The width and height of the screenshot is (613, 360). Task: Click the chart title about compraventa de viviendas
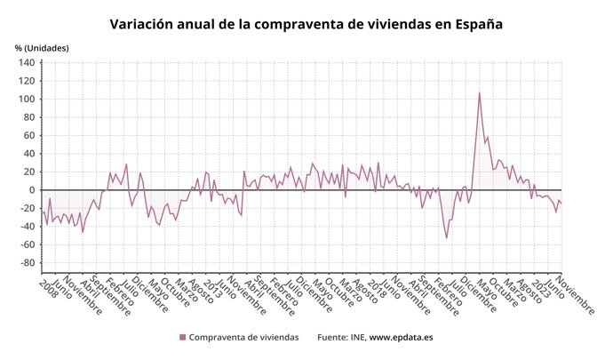click(x=306, y=24)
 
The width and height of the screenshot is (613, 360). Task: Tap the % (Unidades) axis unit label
click(x=42, y=47)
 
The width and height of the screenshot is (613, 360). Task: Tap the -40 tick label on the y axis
click(x=27, y=227)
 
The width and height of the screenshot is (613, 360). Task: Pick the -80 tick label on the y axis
click(x=27, y=263)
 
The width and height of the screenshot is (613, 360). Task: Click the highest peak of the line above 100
click(x=480, y=92)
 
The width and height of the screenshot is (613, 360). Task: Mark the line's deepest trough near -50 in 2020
click(x=446, y=237)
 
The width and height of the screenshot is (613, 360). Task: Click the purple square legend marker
click(x=183, y=338)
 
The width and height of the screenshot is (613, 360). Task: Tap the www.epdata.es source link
click(x=401, y=338)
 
